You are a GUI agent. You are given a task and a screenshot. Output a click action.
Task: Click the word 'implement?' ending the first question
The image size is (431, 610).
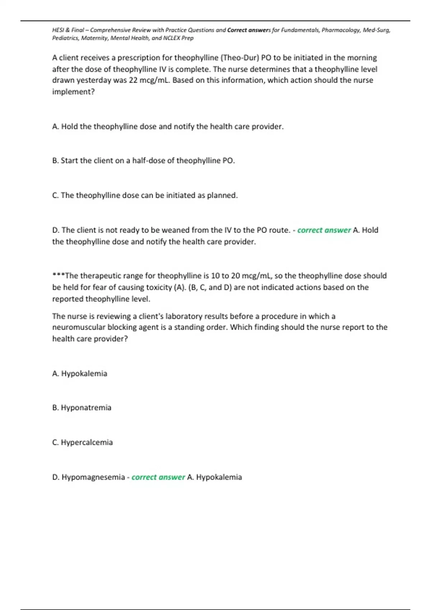73,91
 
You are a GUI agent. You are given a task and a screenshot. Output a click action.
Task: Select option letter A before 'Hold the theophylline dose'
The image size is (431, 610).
55,126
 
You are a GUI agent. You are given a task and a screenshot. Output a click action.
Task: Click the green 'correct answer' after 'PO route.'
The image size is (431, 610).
324,230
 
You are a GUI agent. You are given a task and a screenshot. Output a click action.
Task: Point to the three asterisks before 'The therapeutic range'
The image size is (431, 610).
59,275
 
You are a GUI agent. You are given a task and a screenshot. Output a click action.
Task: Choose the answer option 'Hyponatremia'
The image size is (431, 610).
86,408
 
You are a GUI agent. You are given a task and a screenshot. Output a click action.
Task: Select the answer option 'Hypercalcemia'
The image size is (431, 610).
87,442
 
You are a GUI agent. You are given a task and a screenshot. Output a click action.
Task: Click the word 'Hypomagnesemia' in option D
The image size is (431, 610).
93,477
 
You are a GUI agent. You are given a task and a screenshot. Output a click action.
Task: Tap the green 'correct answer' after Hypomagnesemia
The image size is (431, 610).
158,477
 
